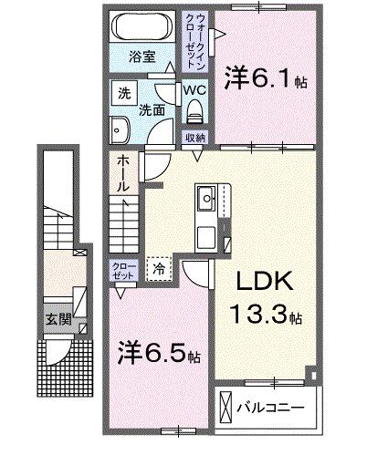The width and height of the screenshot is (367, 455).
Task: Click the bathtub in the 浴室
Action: click(x=142, y=27)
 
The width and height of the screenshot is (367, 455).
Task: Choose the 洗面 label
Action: click(x=152, y=109)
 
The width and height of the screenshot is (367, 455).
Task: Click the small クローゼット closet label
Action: click(x=122, y=270)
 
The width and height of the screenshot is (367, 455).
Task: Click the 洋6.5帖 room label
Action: click(x=160, y=351)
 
